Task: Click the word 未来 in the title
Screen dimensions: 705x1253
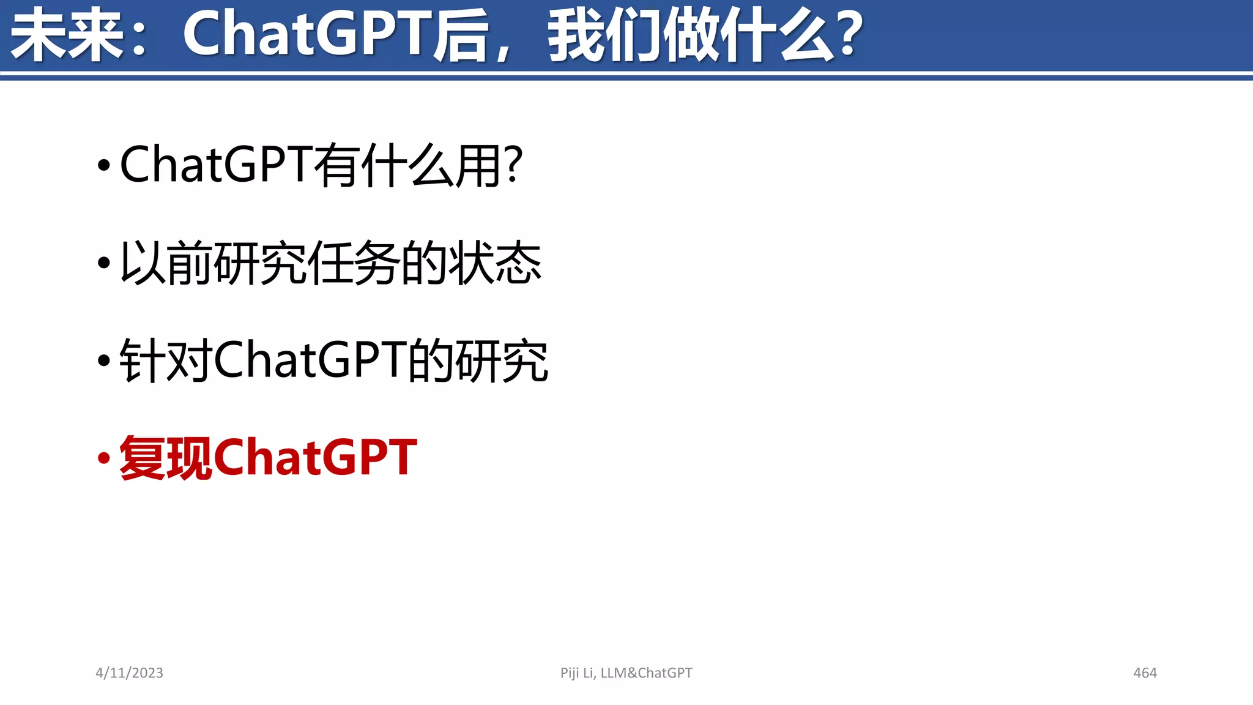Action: [67, 35]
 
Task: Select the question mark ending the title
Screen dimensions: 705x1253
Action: [849, 35]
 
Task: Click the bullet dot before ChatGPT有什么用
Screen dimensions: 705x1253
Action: [104, 165]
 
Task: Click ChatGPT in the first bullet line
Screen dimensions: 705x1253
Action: [217, 165]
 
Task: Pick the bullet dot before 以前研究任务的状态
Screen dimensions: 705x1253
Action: [104, 263]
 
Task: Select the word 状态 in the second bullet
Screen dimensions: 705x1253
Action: [496, 263]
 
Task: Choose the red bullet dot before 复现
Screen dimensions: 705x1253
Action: [104, 458]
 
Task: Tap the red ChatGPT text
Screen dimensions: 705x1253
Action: [316, 458]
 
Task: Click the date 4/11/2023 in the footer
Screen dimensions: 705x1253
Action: [129, 673]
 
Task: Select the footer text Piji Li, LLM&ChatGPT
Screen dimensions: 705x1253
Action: [626, 673]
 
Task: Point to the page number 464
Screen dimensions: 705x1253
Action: [1145, 673]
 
